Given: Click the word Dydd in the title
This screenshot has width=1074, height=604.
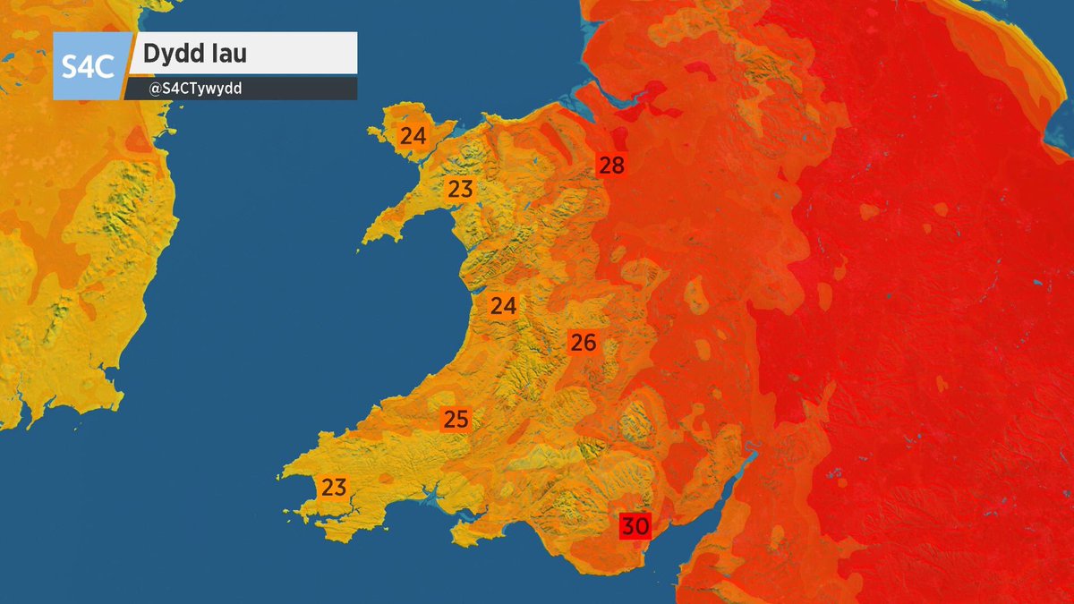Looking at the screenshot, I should pyautogui.click(x=171, y=54).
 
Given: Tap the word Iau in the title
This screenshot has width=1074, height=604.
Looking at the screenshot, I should pyautogui.click(x=226, y=54).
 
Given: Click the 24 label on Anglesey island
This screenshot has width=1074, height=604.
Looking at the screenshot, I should pyautogui.click(x=413, y=137).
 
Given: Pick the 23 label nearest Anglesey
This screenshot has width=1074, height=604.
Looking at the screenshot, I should pyautogui.click(x=460, y=190).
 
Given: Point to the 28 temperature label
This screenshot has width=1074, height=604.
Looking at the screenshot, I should pyautogui.click(x=612, y=165).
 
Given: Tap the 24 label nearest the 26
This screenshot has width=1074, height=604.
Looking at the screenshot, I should pyautogui.click(x=503, y=307).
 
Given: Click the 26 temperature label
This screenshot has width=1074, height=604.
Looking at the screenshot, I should pyautogui.click(x=583, y=343).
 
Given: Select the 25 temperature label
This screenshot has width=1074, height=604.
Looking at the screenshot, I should pyautogui.click(x=456, y=419).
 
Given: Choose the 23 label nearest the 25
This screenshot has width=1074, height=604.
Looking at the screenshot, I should pyautogui.click(x=334, y=488).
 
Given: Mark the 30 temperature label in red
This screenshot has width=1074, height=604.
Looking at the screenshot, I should pyautogui.click(x=635, y=526).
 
